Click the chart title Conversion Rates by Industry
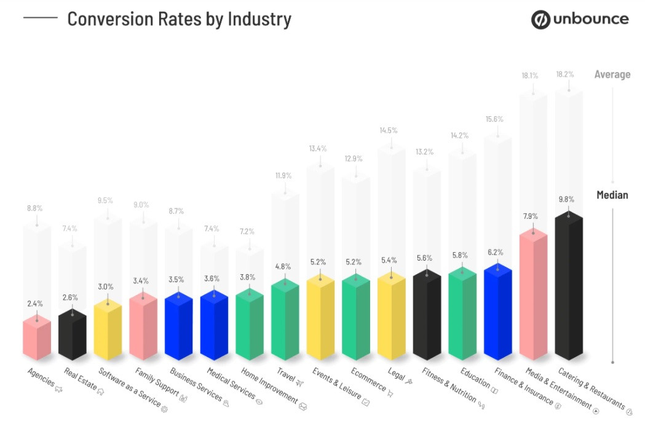coord(179,19)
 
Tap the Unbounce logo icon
coord(541,20)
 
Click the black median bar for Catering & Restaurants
coord(568,289)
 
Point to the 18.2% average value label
coord(565,74)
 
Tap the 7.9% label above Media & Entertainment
coord(530,216)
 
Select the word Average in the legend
coord(612,74)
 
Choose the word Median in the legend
coord(612,195)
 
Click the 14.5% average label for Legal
coord(388,130)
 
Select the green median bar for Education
coord(462,317)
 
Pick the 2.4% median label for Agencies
coord(34,303)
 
